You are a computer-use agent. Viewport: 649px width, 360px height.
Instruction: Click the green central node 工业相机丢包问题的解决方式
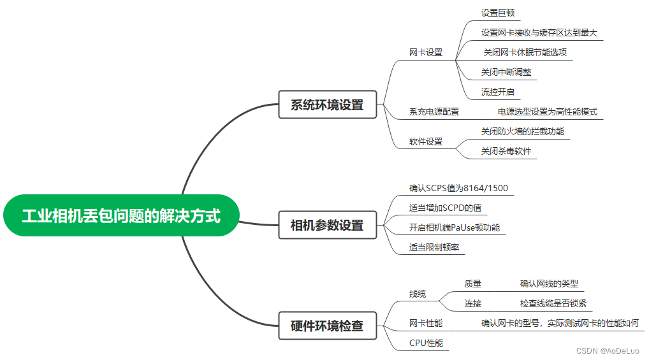click(120, 216)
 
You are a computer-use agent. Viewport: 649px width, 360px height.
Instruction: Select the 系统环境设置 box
click(327, 105)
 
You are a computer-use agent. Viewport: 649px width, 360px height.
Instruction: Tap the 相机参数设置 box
click(327, 226)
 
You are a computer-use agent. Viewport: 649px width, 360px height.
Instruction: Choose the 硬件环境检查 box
click(327, 326)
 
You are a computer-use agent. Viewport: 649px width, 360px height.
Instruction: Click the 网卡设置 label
click(426, 53)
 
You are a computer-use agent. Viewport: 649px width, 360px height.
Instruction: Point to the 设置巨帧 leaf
click(497, 13)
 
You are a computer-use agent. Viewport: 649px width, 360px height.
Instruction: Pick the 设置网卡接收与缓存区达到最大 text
click(539, 32)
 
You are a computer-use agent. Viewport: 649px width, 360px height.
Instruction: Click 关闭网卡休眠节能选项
click(525, 52)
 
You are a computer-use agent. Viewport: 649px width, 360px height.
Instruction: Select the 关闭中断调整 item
click(506, 72)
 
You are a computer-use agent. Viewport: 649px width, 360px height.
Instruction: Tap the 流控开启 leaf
click(497, 92)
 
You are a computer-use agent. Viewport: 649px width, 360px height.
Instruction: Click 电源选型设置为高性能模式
click(548, 112)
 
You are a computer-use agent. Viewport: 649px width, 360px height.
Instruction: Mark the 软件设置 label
click(426, 141)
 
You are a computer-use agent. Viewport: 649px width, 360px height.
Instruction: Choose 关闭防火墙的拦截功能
click(523, 131)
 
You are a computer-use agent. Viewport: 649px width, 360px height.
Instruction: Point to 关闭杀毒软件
click(506, 151)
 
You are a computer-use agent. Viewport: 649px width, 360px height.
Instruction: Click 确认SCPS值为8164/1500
click(458, 188)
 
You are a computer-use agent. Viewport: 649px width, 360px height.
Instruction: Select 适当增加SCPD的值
click(445, 208)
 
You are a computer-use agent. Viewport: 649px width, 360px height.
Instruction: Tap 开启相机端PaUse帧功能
click(455, 227)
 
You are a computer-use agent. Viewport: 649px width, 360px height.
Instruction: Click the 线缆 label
click(418, 294)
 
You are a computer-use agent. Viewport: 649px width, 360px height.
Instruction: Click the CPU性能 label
click(426, 343)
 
